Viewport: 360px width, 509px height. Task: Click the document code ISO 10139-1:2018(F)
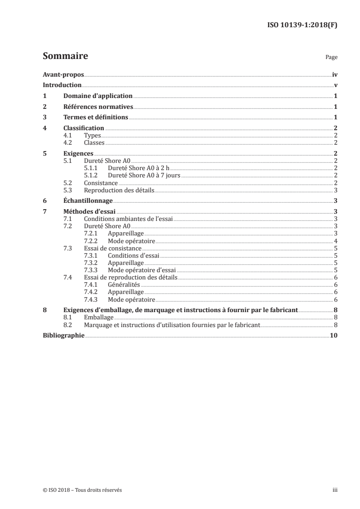pos(301,25)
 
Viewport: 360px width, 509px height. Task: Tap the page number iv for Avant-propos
pos(335,74)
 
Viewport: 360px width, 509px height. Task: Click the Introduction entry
pos(62,85)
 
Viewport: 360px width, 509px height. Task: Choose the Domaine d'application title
pos(98,96)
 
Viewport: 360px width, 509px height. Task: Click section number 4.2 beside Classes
pos(69,142)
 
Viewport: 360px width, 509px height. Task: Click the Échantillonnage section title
pos(88,201)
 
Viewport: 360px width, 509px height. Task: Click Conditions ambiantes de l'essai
pos(128,219)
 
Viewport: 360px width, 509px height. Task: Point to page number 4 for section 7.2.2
pos(335,240)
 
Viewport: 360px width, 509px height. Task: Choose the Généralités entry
pos(124,284)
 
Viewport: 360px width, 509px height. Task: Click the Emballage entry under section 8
pos(99,318)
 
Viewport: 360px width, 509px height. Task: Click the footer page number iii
pos(335,490)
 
